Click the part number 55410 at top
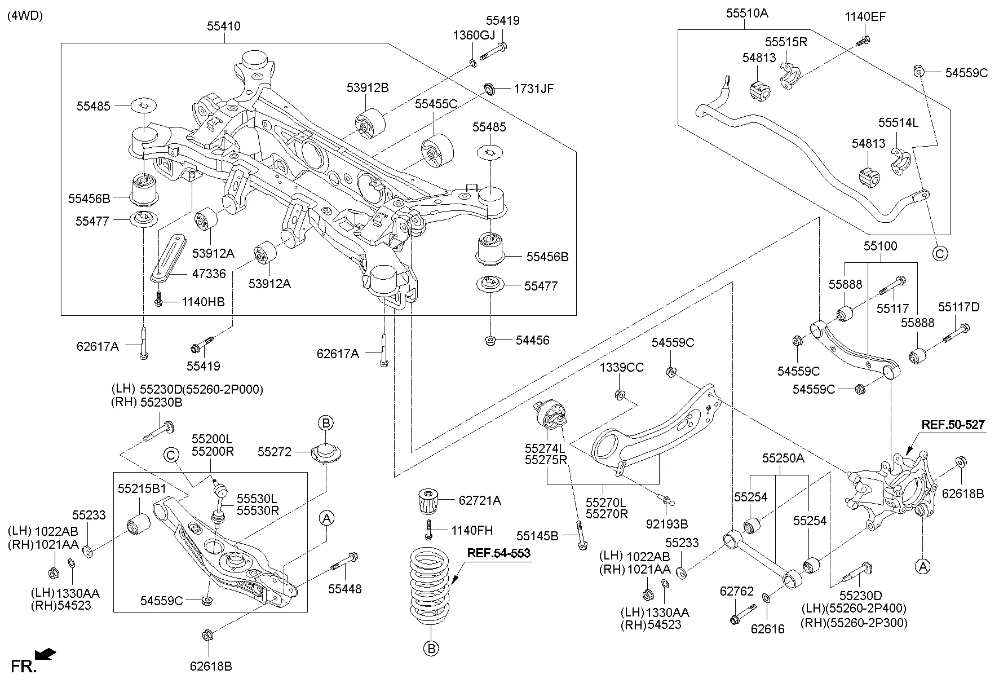point(223,26)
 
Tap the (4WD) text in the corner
point(25,16)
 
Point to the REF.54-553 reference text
point(498,553)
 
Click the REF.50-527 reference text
point(953,425)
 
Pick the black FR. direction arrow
point(45,654)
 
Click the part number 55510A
point(746,12)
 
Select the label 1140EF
point(865,17)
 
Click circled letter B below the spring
point(431,649)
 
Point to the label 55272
point(274,452)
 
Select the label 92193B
point(667,524)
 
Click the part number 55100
point(880,246)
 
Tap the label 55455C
point(436,104)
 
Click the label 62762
point(736,591)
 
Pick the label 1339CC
point(621,367)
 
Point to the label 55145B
point(537,535)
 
